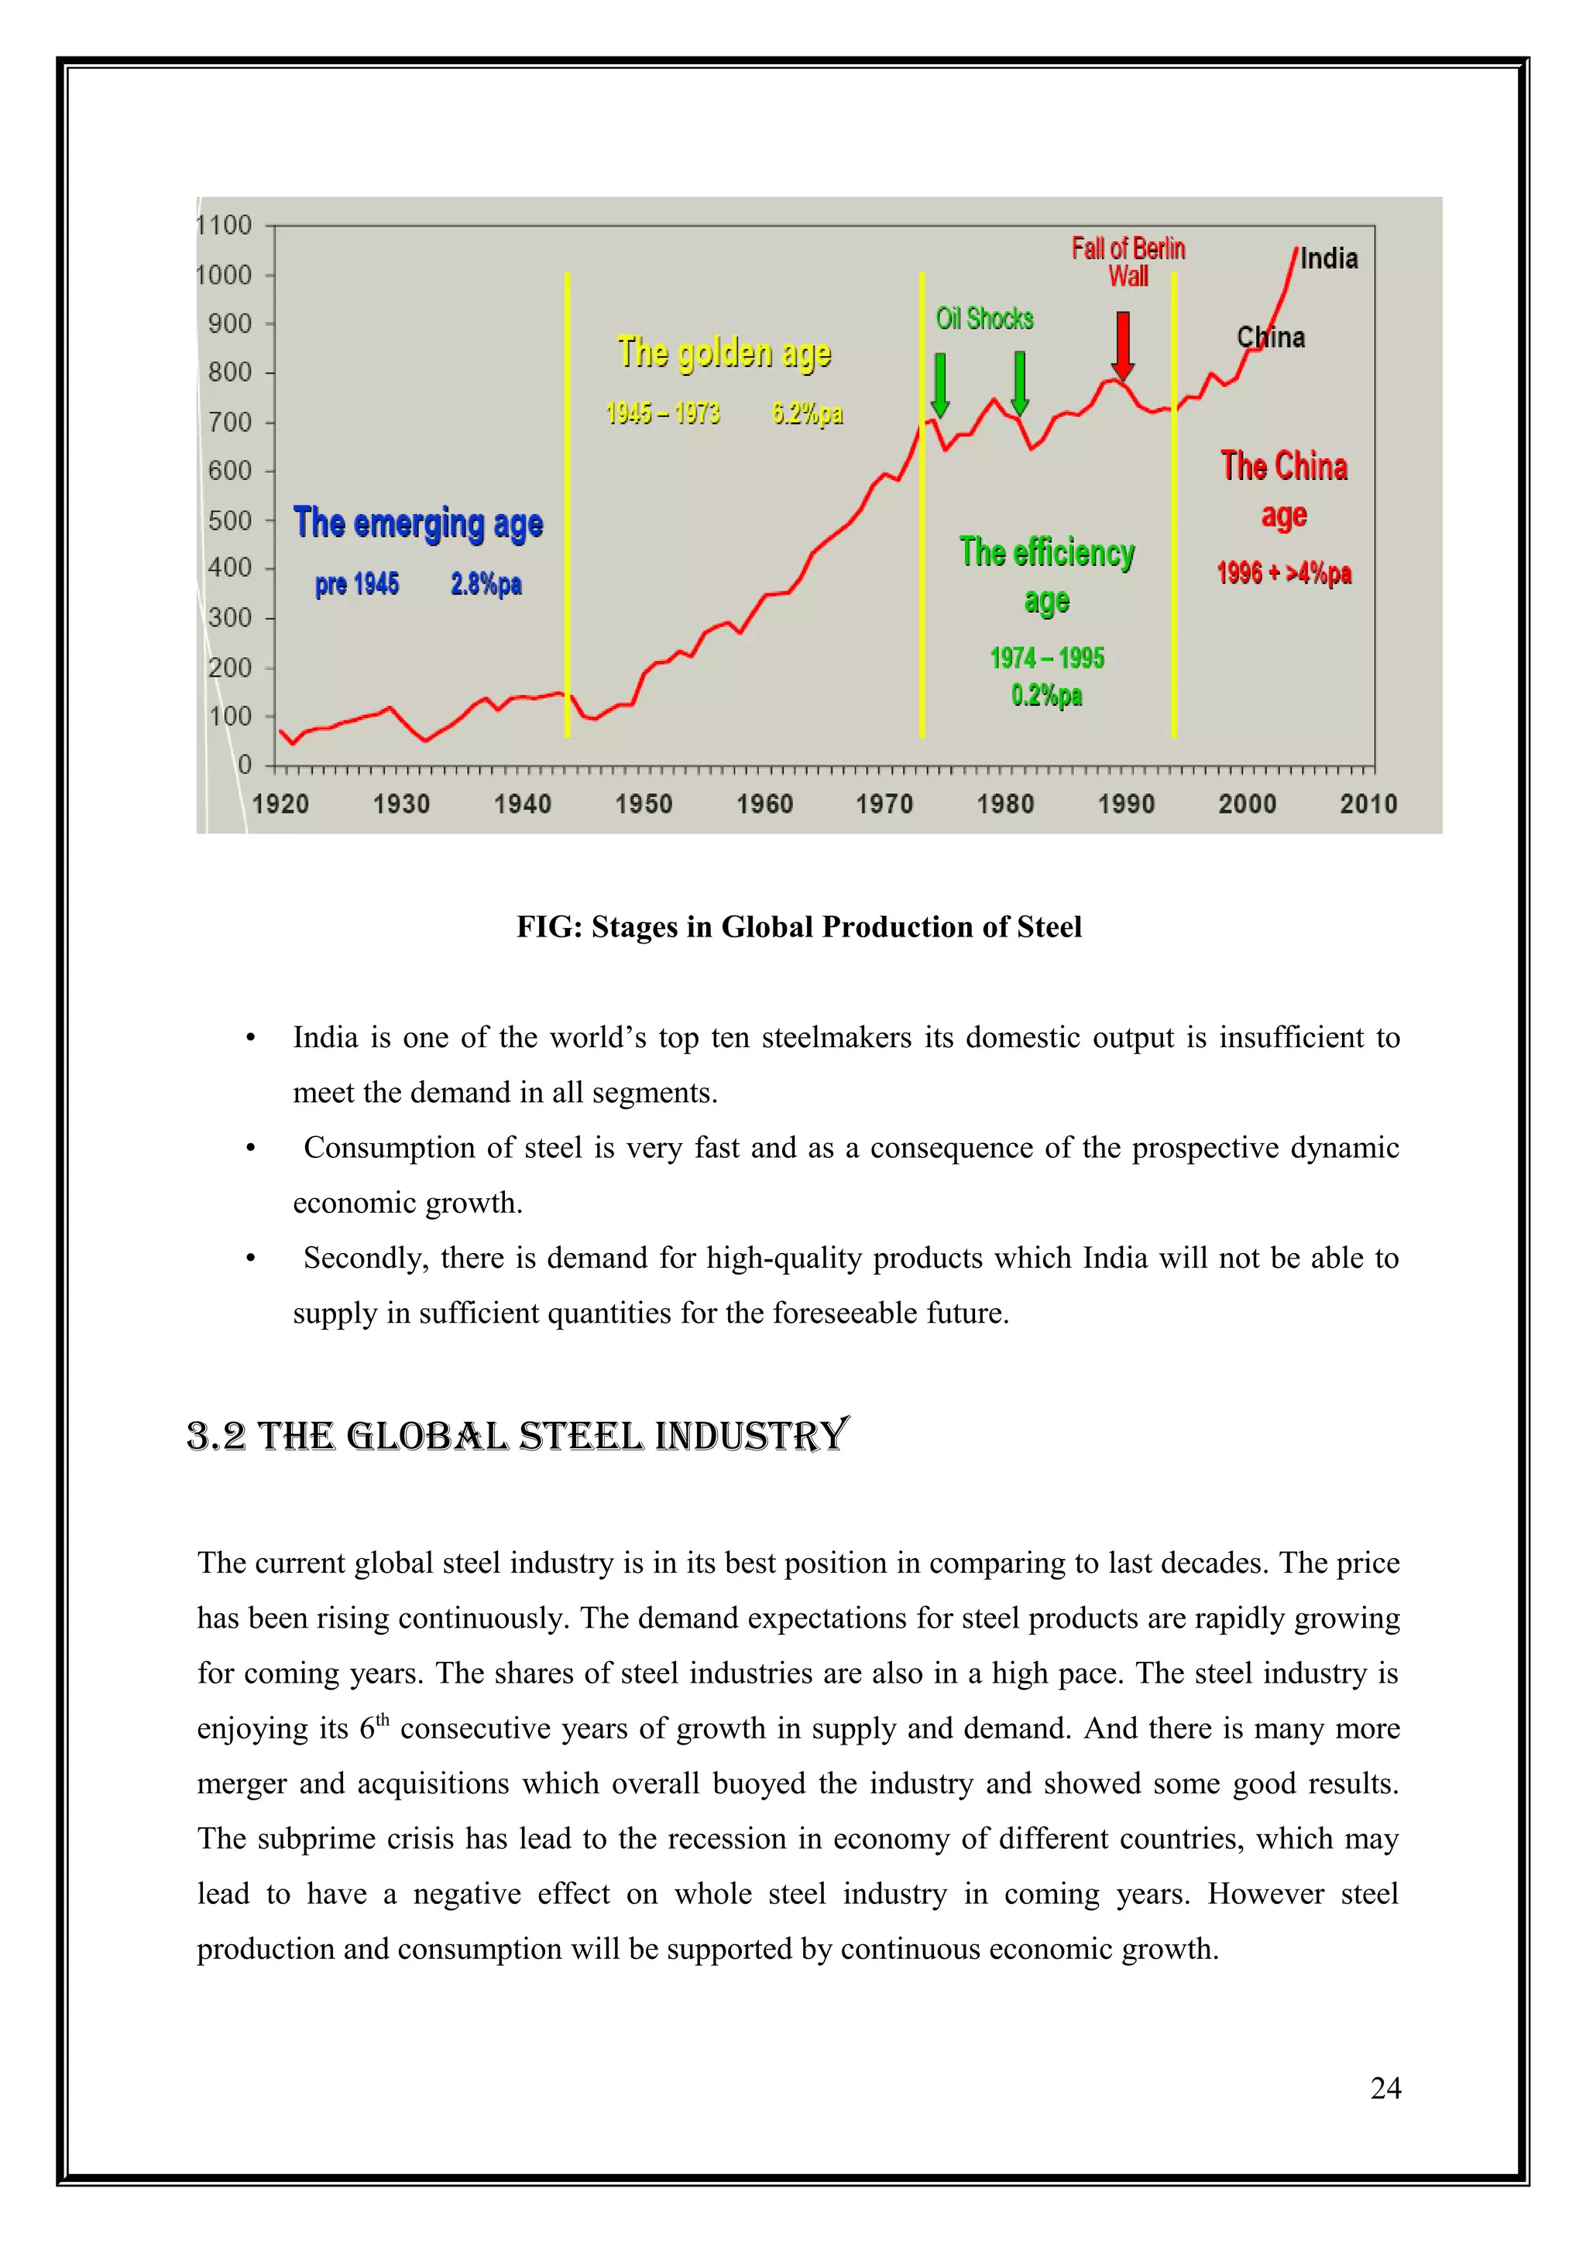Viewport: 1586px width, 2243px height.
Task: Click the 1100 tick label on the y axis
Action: click(225, 226)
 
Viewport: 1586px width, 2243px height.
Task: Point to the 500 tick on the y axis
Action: click(230, 521)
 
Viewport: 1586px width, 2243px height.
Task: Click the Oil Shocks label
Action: click(984, 318)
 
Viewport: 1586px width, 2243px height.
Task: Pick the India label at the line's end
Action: click(1328, 259)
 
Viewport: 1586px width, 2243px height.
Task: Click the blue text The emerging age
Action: click(418, 524)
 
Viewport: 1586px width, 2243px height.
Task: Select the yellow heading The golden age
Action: click(724, 354)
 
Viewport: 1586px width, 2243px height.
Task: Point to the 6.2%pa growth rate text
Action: click(807, 413)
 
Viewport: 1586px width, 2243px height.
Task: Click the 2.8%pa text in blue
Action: click(486, 584)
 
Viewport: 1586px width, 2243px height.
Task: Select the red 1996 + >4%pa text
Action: click(1283, 573)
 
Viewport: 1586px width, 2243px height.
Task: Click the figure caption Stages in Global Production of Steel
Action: click(798, 926)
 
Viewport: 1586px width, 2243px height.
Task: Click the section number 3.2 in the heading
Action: click(216, 1436)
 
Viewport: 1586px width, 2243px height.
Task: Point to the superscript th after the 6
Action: click(383, 1719)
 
